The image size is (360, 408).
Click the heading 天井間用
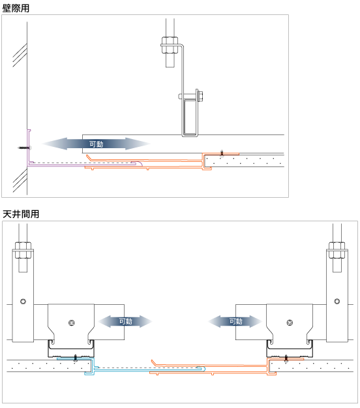(x=20, y=213)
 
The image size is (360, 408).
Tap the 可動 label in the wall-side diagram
(x=97, y=143)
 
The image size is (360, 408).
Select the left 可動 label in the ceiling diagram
(x=125, y=321)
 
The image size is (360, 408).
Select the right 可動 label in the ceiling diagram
(x=235, y=321)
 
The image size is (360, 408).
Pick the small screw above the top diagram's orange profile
(x=222, y=152)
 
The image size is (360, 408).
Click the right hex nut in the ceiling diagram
(x=337, y=251)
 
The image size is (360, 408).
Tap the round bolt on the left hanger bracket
(x=23, y=301)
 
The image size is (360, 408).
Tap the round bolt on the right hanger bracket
(x=337, y=301)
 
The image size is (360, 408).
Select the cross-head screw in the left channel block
(x=72, y=322)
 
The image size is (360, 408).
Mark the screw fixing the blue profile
(x=76, y=357)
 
